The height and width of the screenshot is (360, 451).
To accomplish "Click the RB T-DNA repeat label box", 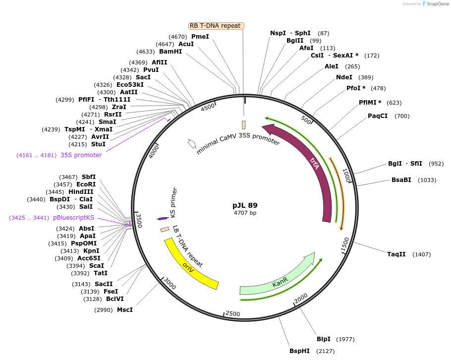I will pyautogui.click(x=216, y=26).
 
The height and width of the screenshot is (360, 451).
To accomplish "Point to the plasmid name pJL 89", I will pyautogui.click(x=245, y=205).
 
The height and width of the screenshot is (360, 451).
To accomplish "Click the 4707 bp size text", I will pyautogui.click(x=245, y=213).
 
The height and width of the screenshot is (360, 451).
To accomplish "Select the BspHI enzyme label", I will pyautogui.click(x=299, y=351).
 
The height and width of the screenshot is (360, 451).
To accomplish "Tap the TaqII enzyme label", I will pyautogui.click(x=396, y=254).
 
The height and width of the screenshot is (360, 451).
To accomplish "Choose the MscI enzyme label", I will pyautogui.click(x=125, y=310).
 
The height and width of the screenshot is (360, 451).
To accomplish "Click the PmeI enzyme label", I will pyautogui.click(x=200, y=37).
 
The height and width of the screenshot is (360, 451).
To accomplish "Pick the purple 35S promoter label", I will pyautogui.click(x=81, y=155).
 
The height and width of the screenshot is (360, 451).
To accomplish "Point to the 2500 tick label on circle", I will pyautogui.click(x=232, y=314).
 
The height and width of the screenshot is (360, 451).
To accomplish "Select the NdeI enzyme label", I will pyautogui.click(x=344, y=77).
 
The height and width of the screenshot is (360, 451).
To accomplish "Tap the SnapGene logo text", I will pyautogui.click(x=437, y=4).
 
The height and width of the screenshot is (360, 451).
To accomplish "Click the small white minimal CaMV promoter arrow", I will pyautogui.click(x=191, y=143).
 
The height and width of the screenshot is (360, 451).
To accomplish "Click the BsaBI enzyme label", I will pyautogui.click(x=401, y=180).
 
